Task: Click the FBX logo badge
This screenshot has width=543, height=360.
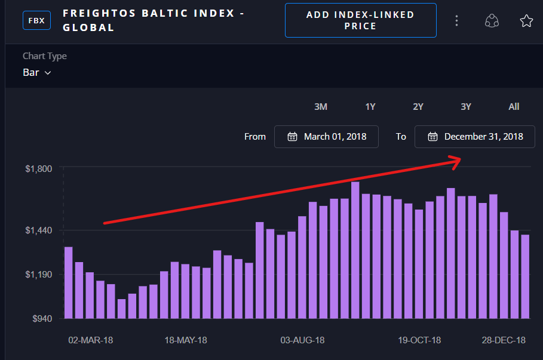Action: point(36,20)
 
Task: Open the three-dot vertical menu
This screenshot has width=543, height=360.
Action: point(456,21)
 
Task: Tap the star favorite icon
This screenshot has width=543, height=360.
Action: point(526,21)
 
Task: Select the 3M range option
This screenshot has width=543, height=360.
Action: point(321,107)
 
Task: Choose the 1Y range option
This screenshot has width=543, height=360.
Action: point(370,107)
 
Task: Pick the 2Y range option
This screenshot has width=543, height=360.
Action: point(418,107)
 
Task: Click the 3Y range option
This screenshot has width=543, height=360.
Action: point(466,107)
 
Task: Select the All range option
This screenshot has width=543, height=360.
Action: point(514,107)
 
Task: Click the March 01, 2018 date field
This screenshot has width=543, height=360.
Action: point(326,137)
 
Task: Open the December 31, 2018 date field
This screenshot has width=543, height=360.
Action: point(475,137)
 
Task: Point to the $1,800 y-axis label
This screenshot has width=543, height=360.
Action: point(39,169)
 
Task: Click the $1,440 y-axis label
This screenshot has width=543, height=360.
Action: point(39,230)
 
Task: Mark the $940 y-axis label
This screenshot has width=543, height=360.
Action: point(42,318)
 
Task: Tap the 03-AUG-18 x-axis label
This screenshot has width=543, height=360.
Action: point(302,340)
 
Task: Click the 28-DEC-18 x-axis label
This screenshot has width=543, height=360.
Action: point(504,340)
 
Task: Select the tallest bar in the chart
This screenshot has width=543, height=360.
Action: point(355,251)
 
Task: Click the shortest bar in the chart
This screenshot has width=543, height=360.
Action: point(121,309)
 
